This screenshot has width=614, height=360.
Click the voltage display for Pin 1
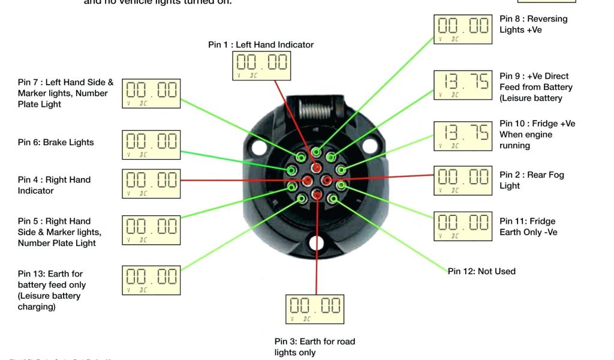[261, 65]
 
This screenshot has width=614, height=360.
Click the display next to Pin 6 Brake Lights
[151, 145]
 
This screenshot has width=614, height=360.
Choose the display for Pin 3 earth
[315, 309]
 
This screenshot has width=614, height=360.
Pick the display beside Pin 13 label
[151, 280]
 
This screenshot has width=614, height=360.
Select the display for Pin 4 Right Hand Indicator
[151, 184]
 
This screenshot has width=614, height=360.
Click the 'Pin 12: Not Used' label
[481, 271]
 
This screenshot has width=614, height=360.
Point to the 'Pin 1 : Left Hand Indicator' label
[261, 44]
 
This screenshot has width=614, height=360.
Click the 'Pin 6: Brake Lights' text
[56, 142]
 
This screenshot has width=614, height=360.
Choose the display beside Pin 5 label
[151, 229]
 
